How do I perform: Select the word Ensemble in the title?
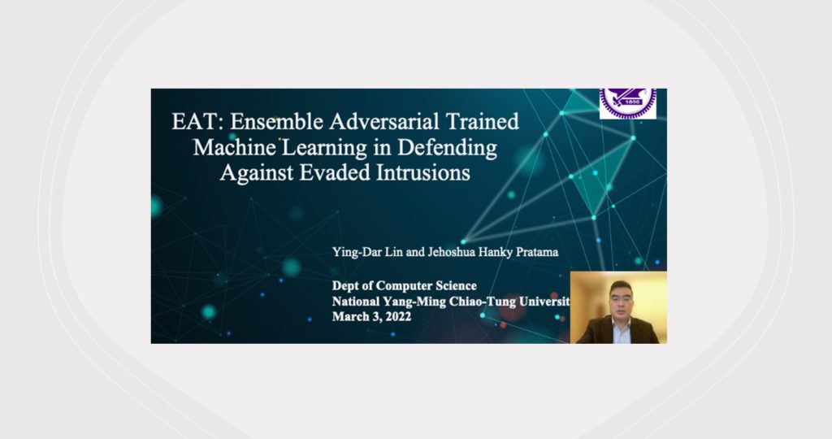(x=276, y=122)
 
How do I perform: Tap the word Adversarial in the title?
(x=383, y=122)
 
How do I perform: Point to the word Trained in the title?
(x=482, y=122)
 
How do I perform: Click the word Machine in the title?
(x=234, y=147)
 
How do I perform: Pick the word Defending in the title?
(x=448, y=148)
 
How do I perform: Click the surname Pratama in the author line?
(x=537, y=252)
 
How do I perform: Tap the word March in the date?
(x=348, y=317)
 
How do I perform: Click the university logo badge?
(x=628, y=103)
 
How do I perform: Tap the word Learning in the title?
(x=323, y=148)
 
